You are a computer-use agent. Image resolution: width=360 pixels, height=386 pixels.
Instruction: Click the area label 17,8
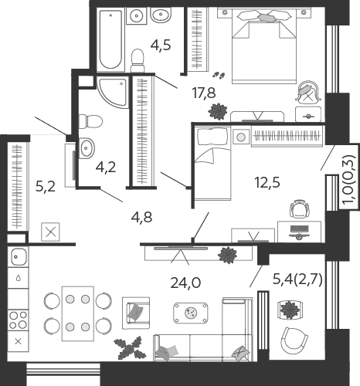click(x=204, y=93)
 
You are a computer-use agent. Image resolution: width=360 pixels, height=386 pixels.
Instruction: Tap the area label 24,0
click(x=185, y=283)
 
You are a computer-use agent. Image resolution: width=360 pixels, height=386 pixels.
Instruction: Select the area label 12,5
click(x=267, y=183)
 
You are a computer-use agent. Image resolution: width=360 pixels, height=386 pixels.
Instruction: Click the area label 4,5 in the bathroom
click(x=161, y=46)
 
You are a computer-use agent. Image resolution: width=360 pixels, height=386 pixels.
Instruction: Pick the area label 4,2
click(x=106, y=168)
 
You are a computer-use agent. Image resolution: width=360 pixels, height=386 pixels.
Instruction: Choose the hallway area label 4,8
click(x=141, y=218)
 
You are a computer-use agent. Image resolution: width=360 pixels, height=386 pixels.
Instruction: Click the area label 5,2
click(x=46, y=186)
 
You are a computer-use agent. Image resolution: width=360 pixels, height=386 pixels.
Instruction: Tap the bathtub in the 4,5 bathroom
click(x=110, y=39)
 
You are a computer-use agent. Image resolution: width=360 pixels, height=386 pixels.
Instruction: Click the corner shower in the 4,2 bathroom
click(x=113, y=92)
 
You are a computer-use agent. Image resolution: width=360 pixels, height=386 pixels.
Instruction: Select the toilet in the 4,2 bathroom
click(x=90, y=121)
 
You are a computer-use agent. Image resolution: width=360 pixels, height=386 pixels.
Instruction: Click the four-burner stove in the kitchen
click(x=18, y=320)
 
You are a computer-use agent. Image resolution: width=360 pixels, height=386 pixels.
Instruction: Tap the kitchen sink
click(x=18, y=256)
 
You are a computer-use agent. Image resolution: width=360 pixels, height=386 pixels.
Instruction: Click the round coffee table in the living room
click(x=191, y=313)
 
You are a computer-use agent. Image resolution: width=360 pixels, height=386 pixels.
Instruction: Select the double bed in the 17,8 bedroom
click(x=264, y=46)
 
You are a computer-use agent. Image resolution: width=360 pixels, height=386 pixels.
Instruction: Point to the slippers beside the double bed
click(x=219, y=75)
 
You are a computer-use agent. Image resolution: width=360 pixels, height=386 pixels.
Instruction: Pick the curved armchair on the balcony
click(x=294, y=341)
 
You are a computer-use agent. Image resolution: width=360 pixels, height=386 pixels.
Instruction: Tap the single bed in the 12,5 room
click(x=212, y=164)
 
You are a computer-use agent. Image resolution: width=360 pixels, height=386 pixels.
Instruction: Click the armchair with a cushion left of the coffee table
click(x=136, y=313)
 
